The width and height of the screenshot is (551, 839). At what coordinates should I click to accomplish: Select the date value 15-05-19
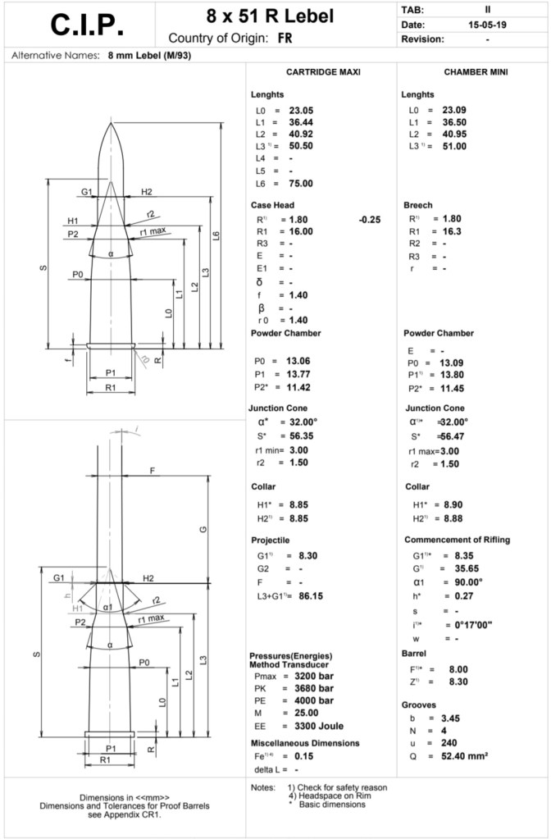[x=487, y=25]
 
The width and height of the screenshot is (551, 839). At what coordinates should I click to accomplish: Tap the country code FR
[x=286, y=39]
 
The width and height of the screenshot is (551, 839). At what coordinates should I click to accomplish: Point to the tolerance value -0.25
[x=369, y=220]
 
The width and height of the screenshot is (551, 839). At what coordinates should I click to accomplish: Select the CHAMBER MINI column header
[x=476, y=72]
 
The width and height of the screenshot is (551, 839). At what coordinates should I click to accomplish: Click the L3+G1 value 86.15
[x=303, y=595]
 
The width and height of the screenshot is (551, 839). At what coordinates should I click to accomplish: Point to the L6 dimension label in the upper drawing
[x=216, y=235]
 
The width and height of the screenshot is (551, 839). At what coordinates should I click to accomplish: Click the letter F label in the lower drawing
[x=152, y=470]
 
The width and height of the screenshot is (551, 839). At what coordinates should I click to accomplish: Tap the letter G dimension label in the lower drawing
[x=203, y=529]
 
